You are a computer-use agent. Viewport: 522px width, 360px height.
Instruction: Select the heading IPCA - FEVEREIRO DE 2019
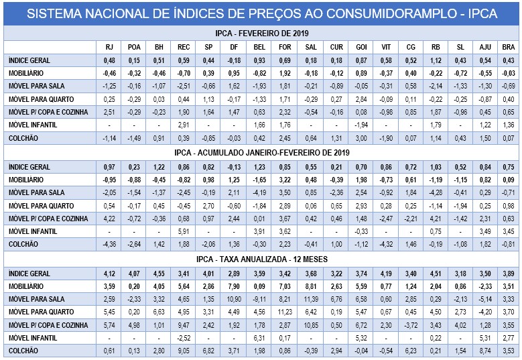(261, 33)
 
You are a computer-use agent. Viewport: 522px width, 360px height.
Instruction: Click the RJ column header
(109, 47)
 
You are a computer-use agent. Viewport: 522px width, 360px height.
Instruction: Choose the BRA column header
(509, 47)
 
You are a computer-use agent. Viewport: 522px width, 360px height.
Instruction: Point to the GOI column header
(361, 47)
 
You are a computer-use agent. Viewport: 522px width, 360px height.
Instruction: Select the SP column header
(208, 47)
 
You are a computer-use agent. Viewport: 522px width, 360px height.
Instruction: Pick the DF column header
(233, 47)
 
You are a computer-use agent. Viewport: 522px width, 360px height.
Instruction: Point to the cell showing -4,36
(109, 244)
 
